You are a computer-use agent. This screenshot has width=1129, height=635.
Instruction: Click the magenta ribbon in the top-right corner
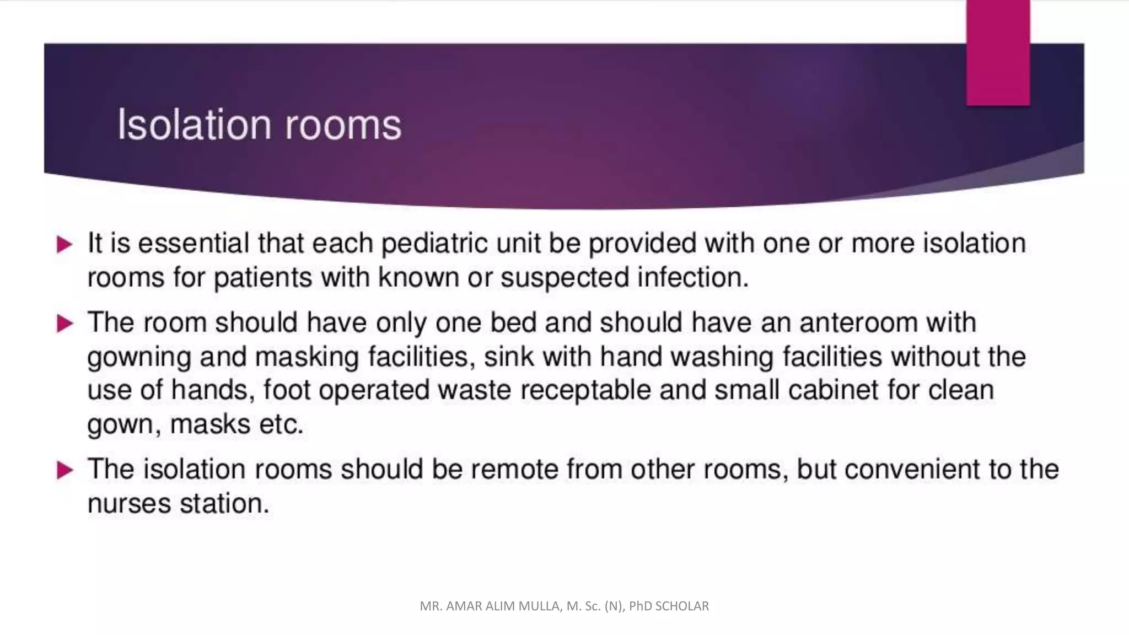pos(998,52)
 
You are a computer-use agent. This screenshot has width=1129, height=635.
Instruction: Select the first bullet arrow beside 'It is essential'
pos(64,244)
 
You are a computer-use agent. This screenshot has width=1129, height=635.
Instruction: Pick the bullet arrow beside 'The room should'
pos(64,323)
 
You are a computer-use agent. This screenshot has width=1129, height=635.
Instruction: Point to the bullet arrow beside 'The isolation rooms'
pos(64,470)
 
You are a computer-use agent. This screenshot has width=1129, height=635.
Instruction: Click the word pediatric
pos(434,244)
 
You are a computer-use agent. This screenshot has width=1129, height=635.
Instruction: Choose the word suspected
pos(564,277)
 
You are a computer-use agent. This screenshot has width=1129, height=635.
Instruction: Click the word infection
pos(692,277)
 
